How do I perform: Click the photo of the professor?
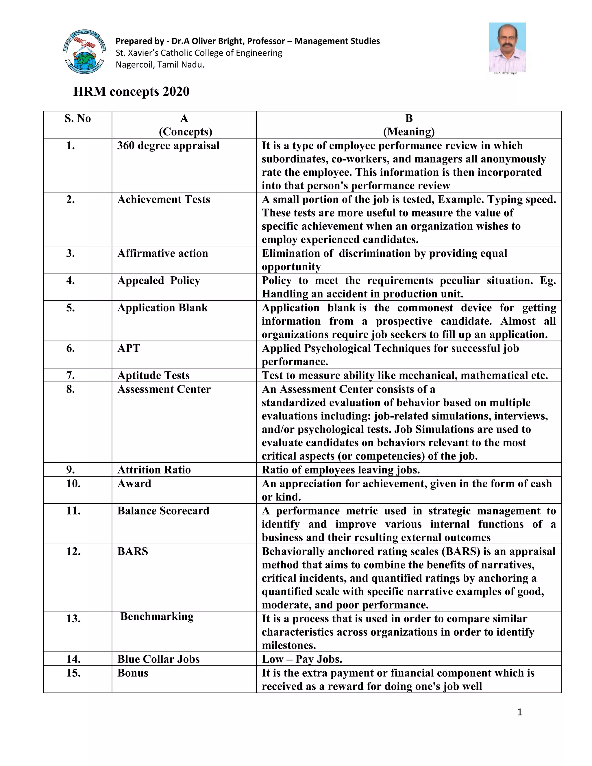507,47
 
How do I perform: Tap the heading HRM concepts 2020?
131,92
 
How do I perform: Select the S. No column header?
77,119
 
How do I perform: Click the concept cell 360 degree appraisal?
168,146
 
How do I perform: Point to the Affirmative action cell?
162,253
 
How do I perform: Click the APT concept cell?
129,348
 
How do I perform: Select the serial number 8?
71,389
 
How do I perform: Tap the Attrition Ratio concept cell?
154,470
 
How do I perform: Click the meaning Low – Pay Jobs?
301,659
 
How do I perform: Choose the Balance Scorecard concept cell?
163,511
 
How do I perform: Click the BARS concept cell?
133,551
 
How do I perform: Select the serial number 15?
73,673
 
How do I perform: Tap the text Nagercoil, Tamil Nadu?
160,65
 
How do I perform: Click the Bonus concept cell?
133,673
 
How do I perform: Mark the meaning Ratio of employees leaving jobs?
341,470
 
